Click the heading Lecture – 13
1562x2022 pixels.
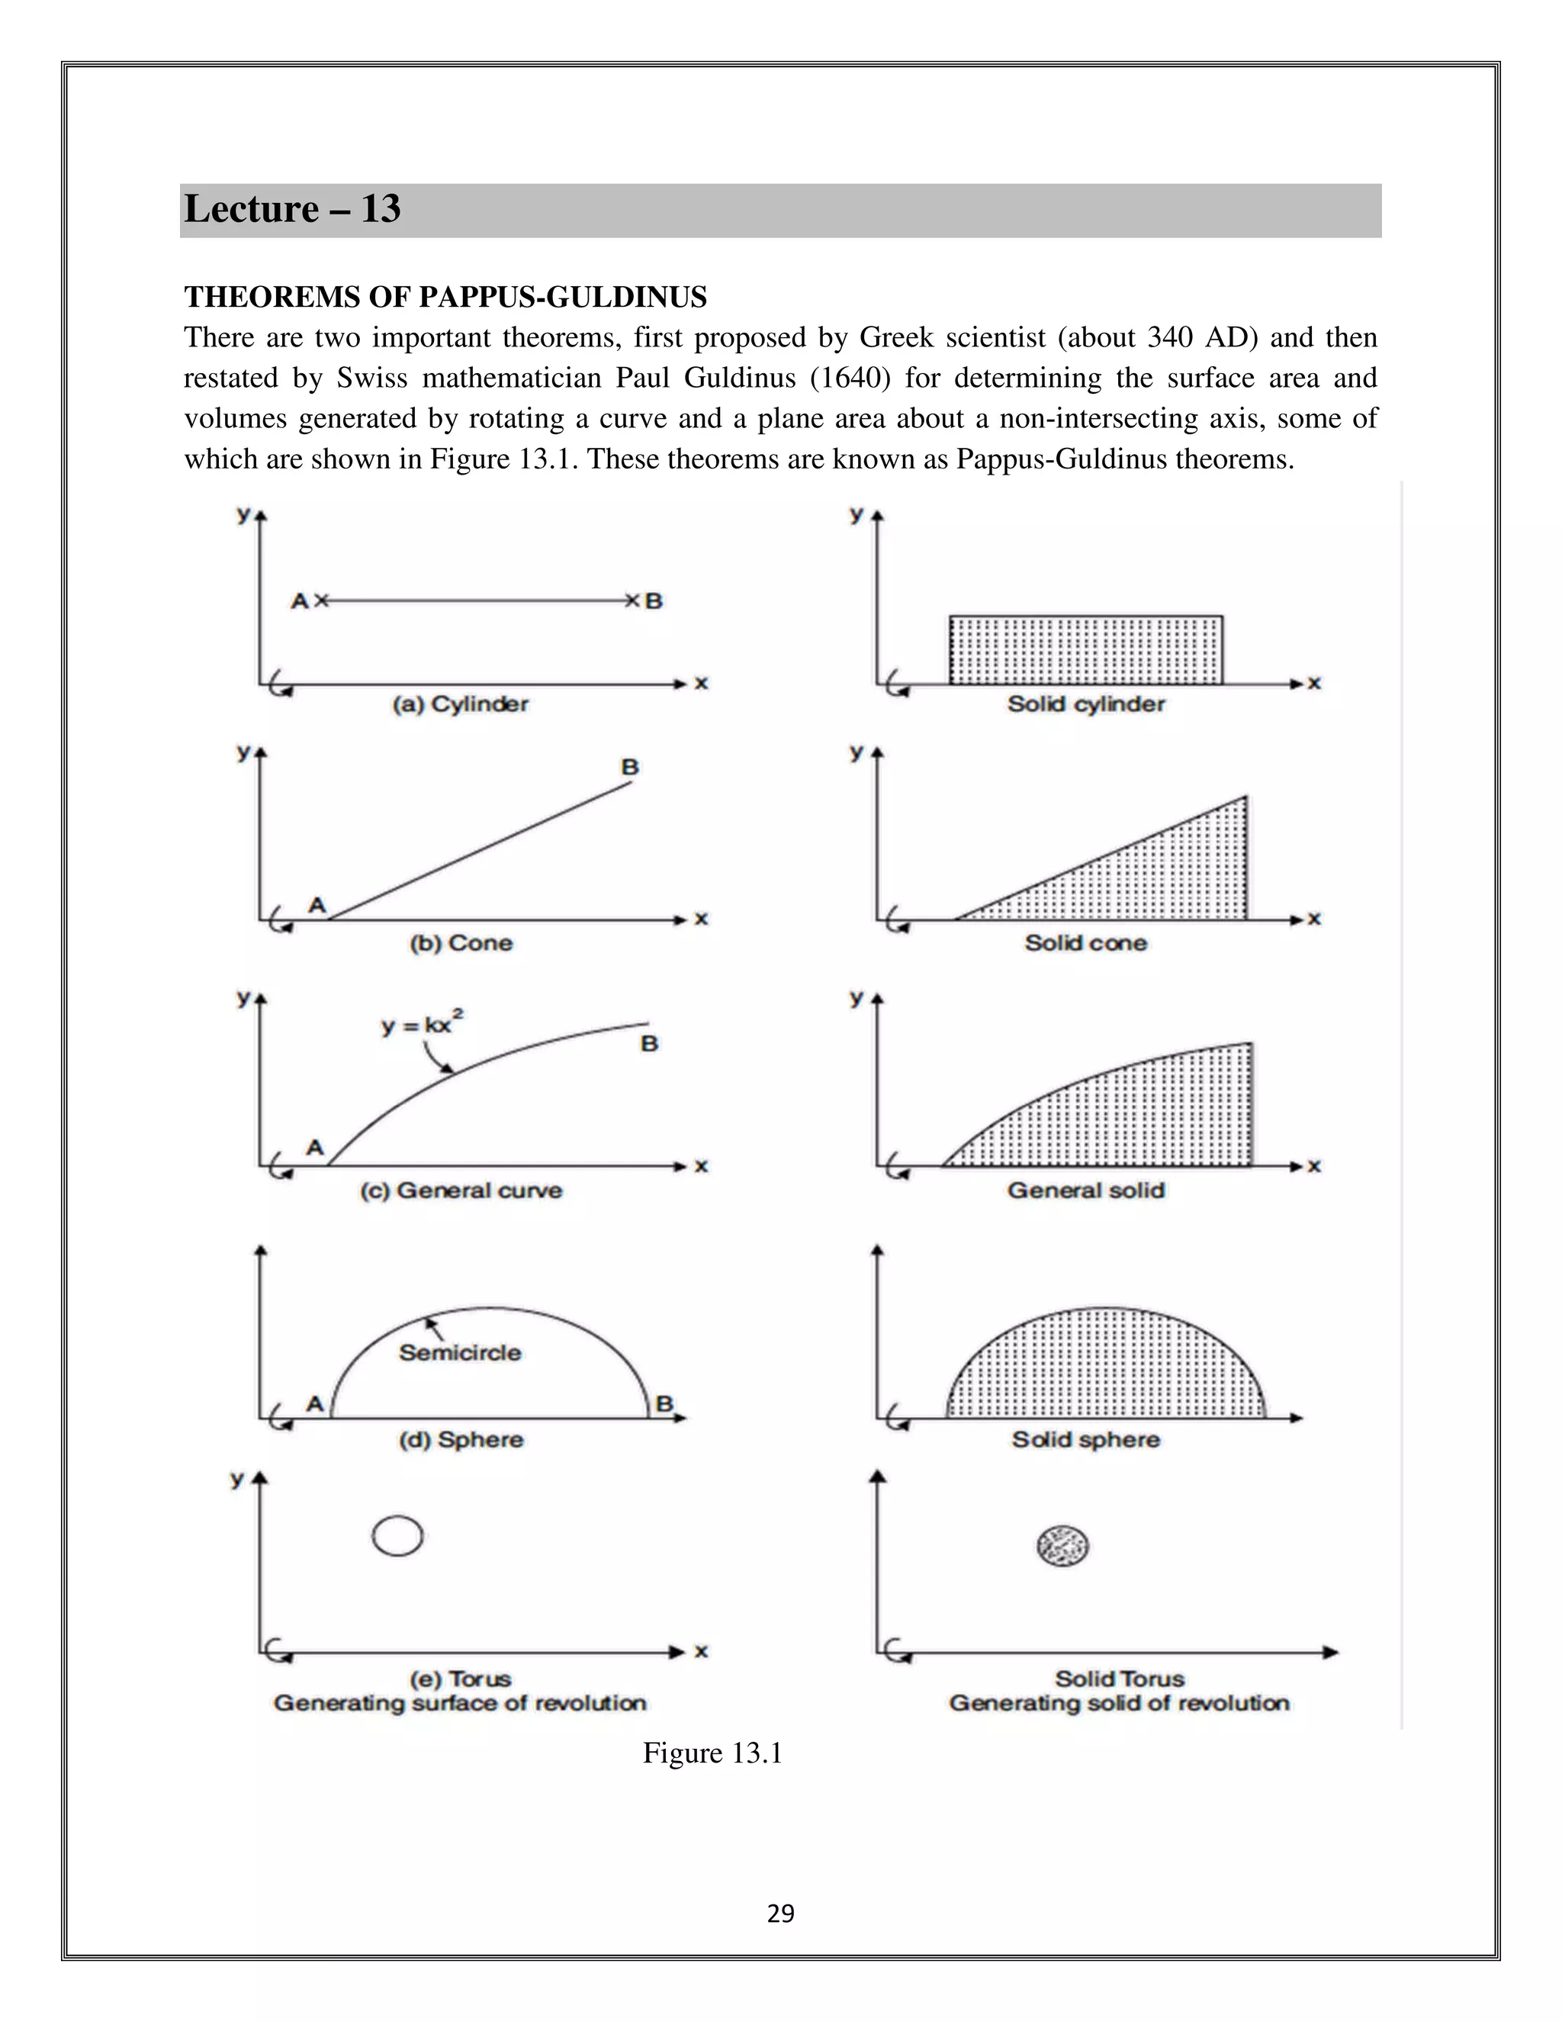(x=291, y=209)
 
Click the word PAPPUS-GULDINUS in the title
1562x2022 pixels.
(x=563, y=297)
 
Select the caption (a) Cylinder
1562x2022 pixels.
(x=460, y=704)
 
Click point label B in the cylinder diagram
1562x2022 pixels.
(x=654, y=600)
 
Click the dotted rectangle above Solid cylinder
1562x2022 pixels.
(x=1085, y=650)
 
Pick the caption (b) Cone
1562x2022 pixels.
(x=461, y=943)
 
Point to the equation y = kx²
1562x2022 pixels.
(x=422, y=1024)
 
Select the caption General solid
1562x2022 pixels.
(x=1085, y=1190)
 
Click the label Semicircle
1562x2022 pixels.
(x=460, y=1353)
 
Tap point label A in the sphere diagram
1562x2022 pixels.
(x=315, y=1405)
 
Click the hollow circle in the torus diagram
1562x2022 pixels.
(x=398, y=1536)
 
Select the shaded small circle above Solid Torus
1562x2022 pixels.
(x=1062, y=1545)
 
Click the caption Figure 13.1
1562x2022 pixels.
(x=712, y=1753)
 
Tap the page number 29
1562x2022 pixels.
(x=780, y=1914)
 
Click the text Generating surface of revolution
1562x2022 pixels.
(x=460, y=1704)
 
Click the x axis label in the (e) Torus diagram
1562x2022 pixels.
(x=702, y=1652)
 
